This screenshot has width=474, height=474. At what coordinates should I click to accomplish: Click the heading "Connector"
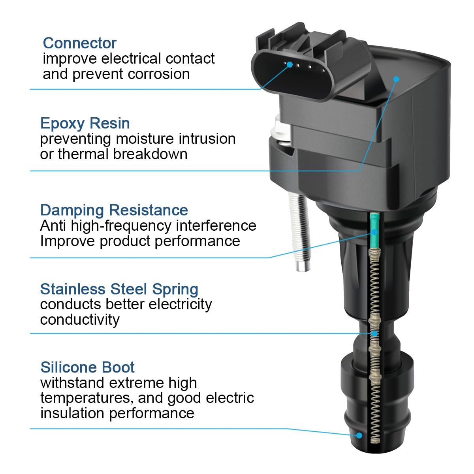pos(79,43)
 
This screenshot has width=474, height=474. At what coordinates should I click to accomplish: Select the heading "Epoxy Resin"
pos(85,124)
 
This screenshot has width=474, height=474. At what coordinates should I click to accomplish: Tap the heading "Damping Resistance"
pos(114,210)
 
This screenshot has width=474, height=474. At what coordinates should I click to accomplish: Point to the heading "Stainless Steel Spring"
pos(119,289)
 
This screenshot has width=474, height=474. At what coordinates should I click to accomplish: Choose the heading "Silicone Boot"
pos(87,367)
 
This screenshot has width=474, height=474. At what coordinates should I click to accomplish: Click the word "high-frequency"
pos(121,226)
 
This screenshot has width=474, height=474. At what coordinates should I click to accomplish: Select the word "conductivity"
pos(80,320)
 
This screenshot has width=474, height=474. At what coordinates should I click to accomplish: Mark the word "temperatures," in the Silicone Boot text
pos(87,399)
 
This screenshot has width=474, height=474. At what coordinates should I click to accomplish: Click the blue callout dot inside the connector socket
pos(290,65)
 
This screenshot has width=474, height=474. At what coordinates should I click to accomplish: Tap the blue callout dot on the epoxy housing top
pos(396,79)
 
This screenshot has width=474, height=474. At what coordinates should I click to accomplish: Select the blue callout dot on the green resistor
pos(374,232)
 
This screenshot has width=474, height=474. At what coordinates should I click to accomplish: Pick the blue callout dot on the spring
pos(374,333)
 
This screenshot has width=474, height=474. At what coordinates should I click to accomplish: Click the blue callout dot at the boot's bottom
pos(359,436)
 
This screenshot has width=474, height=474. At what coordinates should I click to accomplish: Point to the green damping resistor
pos(374,230)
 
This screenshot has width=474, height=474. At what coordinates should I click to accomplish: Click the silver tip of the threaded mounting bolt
pos(303,266)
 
